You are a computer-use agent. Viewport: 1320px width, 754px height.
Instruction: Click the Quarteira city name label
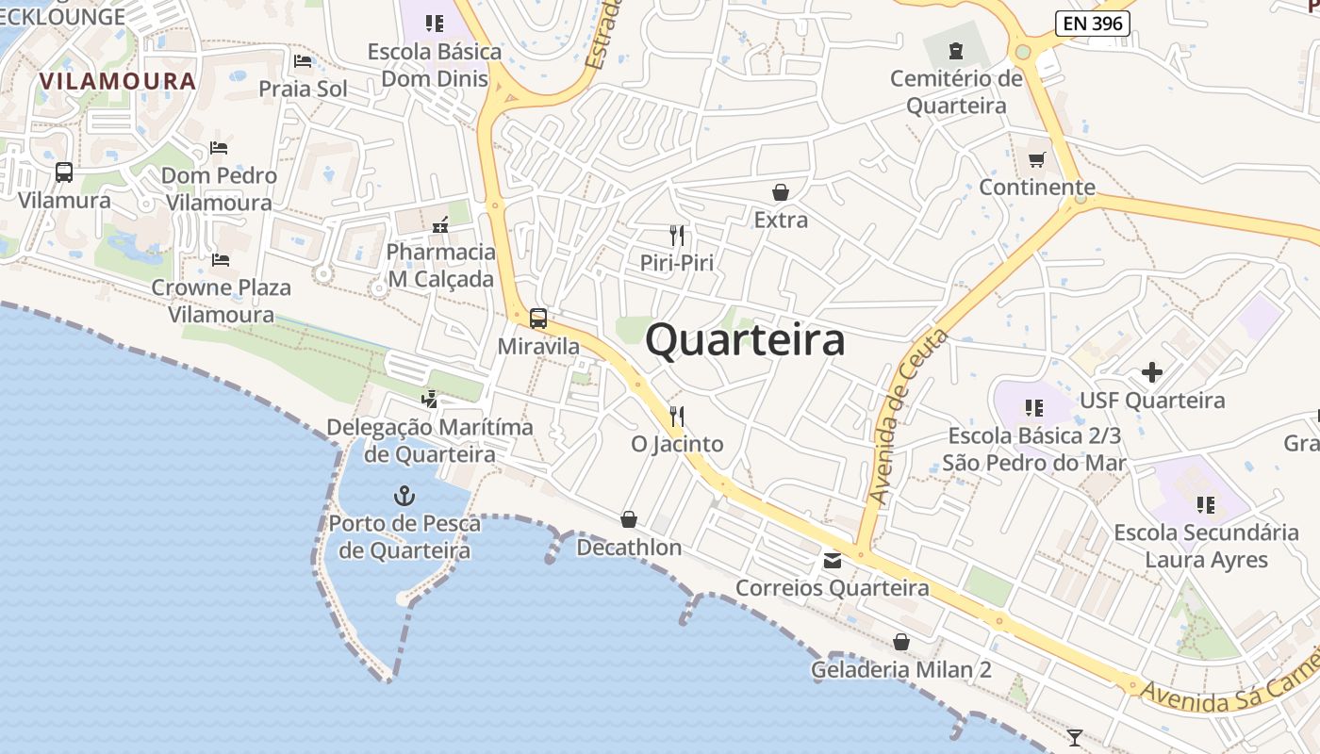(x=745, y=340)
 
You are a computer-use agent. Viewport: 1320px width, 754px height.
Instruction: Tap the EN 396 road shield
(x=1091, y=24)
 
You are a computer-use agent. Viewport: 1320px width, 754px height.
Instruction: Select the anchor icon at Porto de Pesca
(x=404, y=495)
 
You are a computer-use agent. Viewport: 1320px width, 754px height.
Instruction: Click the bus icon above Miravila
(x=538, y=319)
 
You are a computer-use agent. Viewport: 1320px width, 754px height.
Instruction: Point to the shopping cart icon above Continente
(x=1036, y=160)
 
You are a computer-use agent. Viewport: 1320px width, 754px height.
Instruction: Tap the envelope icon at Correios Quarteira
(x=833, y=561)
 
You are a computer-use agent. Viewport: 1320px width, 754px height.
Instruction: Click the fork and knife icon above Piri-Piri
(x=677, y=235)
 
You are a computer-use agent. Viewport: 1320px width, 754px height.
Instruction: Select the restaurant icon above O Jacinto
(x=677, y=415)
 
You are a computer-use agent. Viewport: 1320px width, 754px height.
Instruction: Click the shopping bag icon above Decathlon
(x=629, y=519)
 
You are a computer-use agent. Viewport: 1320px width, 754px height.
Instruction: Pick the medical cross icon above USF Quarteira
(x=1151, y=372)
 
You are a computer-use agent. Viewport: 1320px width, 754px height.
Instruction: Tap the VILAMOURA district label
(x=119, y=81)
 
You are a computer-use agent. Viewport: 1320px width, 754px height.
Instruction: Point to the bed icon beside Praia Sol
(x=303, y=61)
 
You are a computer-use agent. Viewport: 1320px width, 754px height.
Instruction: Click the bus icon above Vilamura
(x=64, y=172)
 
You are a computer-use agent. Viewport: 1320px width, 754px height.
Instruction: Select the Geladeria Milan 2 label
(x=901, y=670)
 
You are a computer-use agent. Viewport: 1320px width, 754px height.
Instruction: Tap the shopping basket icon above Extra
(x=781, y=192)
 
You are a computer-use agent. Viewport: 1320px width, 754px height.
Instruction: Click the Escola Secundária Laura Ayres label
(x=1206, y=546)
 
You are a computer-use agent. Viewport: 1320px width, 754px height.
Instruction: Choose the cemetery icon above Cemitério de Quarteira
(x=956, y=51)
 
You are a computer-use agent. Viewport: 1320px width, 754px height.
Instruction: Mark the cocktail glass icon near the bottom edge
(x=1074, y=737)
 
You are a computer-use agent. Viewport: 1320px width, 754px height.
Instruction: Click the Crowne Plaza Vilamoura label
(x=221, y=301)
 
